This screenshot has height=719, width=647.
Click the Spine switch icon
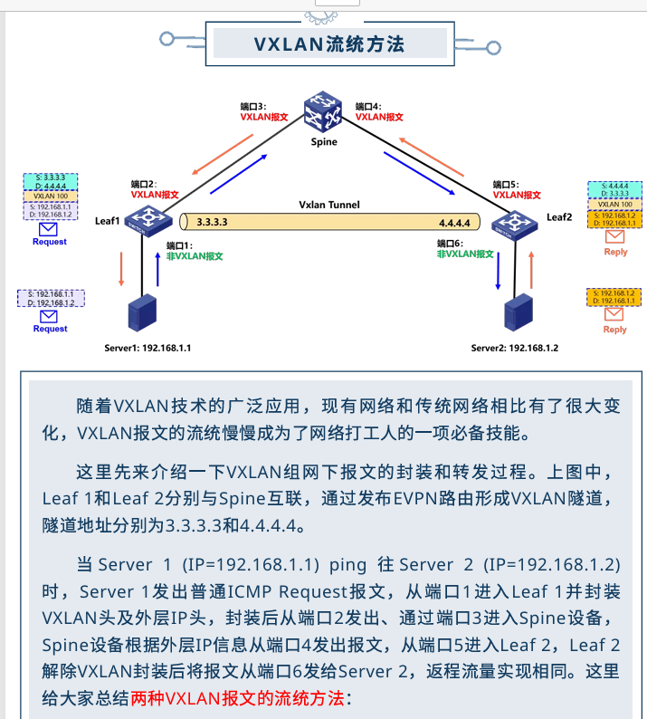[x=323, y=113]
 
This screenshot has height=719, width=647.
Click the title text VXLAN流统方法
[x=328, y=43]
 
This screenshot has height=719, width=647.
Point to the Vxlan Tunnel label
[x=329, y=205]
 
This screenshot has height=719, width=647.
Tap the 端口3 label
[x=252, y=106]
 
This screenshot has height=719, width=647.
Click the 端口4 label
[x=368, y=106]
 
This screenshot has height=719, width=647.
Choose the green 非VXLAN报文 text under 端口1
[x=195, y=256]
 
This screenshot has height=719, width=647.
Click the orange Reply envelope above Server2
[x=614, y=314]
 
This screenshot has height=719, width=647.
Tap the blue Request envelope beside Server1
[x=50, y=316]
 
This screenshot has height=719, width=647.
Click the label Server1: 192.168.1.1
[x=147, y=348]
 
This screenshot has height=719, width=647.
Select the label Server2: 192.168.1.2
[x=515, y=348]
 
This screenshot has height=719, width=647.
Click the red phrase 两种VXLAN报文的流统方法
[x=237, y=698]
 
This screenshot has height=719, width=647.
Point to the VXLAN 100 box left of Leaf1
[x=51, y=195]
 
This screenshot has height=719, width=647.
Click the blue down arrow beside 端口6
[x=499, y=272]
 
